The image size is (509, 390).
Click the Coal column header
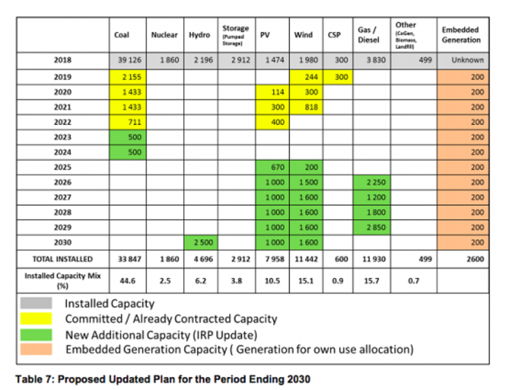click(122, 35)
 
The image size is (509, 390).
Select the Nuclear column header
click(164, 35)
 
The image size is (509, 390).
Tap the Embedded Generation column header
click(461, 35)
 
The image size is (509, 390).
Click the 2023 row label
click(62, 137)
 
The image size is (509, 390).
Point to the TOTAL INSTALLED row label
click(62, 259)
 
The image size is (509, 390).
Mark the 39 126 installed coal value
click(128, 60)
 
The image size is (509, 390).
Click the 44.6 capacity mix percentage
click(127, 281)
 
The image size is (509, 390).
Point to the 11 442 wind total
click(306, 259)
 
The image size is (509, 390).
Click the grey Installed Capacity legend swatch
click(36, 304)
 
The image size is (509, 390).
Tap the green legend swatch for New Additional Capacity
click(36, 334)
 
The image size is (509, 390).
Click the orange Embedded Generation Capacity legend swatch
click(36, 349)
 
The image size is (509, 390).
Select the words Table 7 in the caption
click(31, 379)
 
